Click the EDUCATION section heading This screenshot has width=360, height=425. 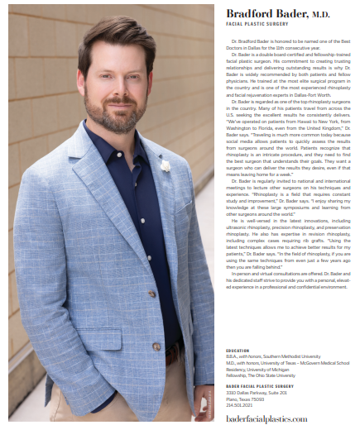(238, 350)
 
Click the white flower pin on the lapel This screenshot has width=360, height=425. (166, 165)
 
